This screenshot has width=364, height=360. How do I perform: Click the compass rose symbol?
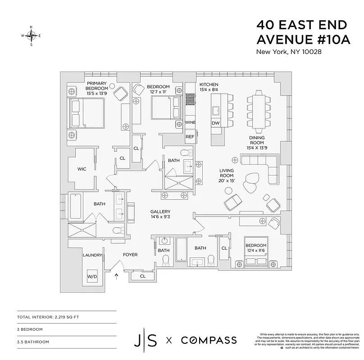point(31,36)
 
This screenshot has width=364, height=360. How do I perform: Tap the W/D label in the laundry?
point(92,276)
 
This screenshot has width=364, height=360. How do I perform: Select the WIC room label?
point(82,169)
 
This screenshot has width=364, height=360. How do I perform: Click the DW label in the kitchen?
point(216,123)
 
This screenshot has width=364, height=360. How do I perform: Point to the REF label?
point(190,136)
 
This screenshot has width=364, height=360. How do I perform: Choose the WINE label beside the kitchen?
point(190,122)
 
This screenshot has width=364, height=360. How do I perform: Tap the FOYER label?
point(130,255)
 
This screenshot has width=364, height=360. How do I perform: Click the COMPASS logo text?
point(209,340)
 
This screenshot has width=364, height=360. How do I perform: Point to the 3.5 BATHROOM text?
point(33,342)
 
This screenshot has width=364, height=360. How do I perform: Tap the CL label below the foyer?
point(142,276)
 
